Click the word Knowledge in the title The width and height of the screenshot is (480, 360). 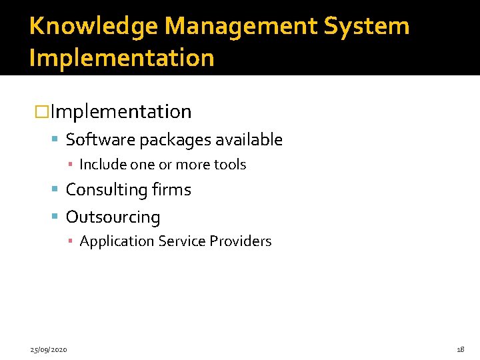93,27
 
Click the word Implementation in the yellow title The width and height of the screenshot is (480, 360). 121,58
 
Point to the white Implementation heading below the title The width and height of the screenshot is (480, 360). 120,111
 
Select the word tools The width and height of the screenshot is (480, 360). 230,165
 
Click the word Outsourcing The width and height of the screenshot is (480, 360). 113,217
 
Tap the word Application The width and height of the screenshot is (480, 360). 116,241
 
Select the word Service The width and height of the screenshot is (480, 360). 182,241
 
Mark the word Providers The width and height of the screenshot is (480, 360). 241,241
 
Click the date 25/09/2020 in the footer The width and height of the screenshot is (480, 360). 47,349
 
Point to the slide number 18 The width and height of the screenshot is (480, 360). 460,349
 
